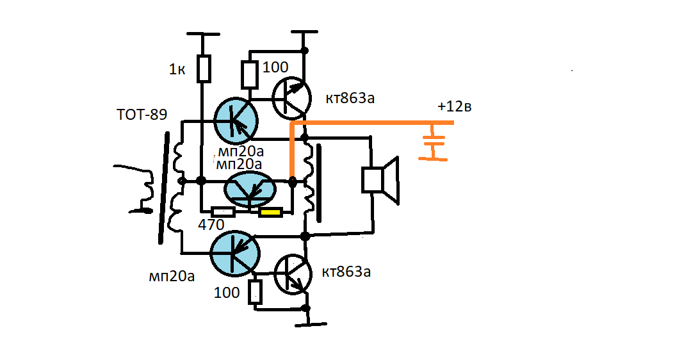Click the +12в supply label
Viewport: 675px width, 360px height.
pyautogui.click(x=455, y=107)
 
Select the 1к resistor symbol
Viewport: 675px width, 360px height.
pyautogui.click(x=204, y=69)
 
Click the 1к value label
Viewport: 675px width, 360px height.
pyautogui.click(x=177, y=70)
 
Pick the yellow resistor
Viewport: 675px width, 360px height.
pyautogui.click(x=270, y=213)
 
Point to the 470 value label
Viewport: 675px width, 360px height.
pyautogui.click(x=211, y=225)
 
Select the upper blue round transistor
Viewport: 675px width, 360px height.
pyautogui.click(x=235, y=120)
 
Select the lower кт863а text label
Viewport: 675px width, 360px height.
pyautogui.click(x=346, y=272)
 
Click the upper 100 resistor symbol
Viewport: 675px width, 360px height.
pyautogui.click(x=249, y=75)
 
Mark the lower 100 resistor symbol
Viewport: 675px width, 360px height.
pyautogui.click(x=256, y=292)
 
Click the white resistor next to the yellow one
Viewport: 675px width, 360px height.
pyautogui.click(x=223, y=212)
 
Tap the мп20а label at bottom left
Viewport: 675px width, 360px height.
pyautogui.click(x=171, y=276)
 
